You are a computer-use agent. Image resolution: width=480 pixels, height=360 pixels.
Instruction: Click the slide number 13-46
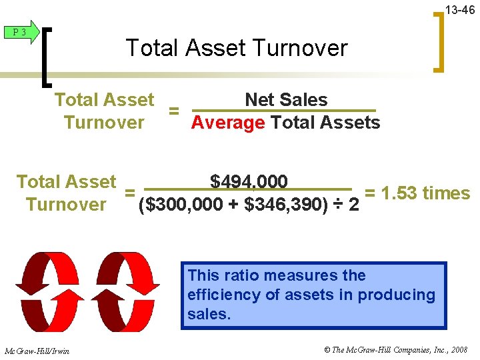pyautogui.click(x=459, y=10)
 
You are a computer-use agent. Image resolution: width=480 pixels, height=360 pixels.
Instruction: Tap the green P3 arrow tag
pyautogui.click(x=21, y=32)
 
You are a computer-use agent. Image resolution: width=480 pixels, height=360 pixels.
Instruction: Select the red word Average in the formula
pyautogui.click(x=228, y=123)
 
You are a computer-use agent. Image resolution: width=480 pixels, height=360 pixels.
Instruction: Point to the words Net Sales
pyautogui.click(x=286, y=100)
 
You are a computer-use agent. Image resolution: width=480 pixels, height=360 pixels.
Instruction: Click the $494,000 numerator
pyautogui.click(x=249, y=181)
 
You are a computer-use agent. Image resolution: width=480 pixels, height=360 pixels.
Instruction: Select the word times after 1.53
pyautogui.click(x=447, y=193)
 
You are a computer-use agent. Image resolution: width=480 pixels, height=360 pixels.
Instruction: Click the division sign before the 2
pyautogui.click(x=338, y=205)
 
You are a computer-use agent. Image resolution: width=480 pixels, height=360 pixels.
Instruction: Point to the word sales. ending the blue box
pyautogui.click(x=209, y=314)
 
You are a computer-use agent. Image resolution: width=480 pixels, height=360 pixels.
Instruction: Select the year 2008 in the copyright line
pyautogui.click(x=459, y=350)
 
